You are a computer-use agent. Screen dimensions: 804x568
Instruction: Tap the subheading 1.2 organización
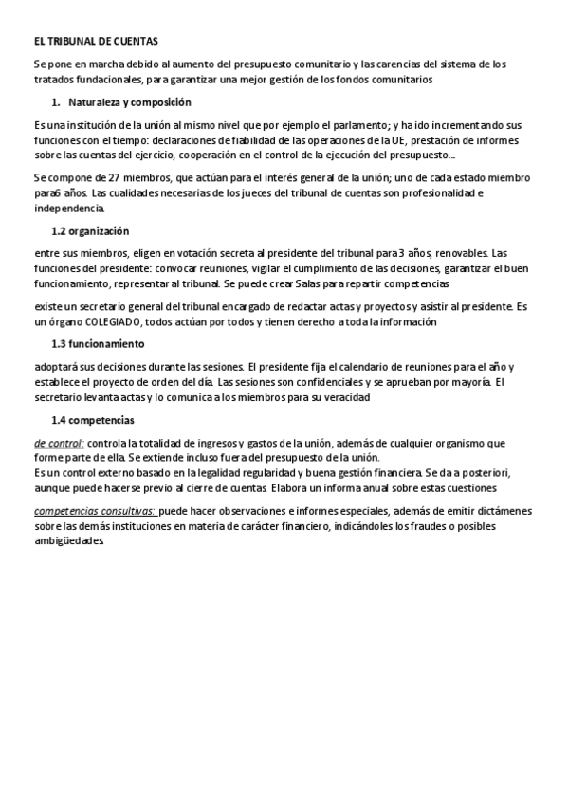click(90, 231)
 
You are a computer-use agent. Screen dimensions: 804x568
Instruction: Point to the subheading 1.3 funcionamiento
click(97, 344)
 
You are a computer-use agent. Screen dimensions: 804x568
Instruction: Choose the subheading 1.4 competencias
click(93, 419)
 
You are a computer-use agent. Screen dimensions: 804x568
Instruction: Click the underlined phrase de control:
click(59, 443)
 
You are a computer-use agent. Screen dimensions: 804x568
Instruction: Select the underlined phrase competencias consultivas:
click(94, 510)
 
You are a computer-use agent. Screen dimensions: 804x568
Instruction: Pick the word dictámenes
click(501, 510)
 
